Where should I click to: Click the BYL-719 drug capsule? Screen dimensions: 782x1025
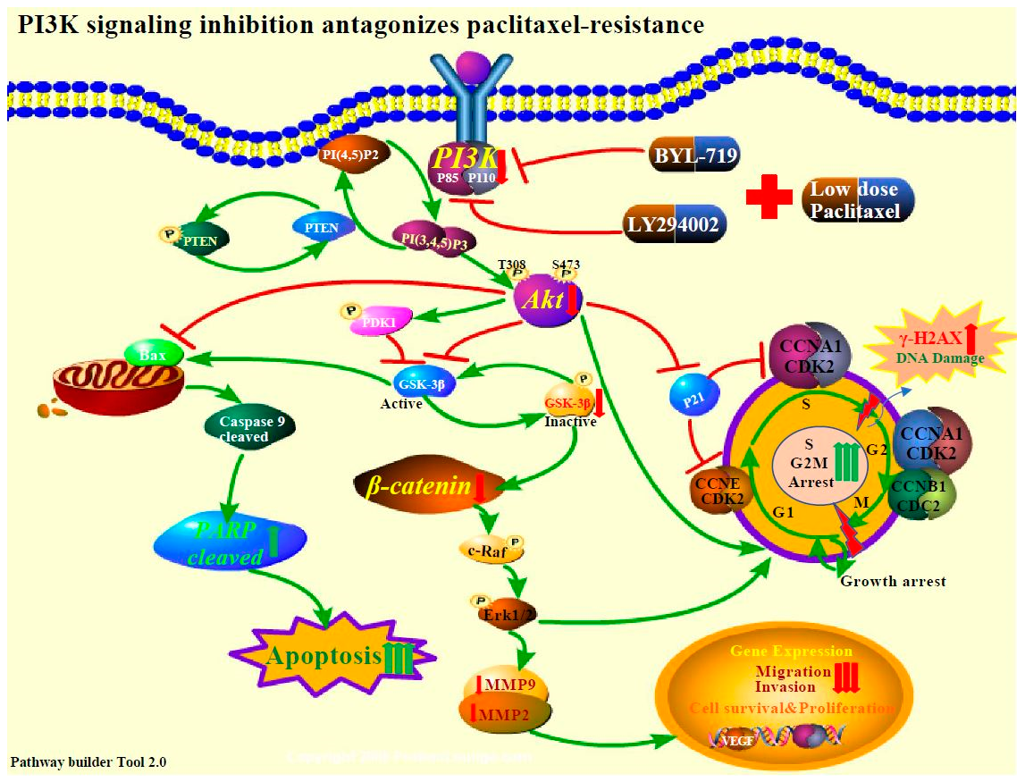[x=693, y=159]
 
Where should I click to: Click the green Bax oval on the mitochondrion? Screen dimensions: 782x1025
[x=154, y=354]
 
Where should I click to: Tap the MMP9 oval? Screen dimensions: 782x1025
[x=505, y=686]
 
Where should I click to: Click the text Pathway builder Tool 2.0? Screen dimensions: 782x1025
[x=88, y=762]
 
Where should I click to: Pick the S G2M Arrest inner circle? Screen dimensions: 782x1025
[x=808, y=463]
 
